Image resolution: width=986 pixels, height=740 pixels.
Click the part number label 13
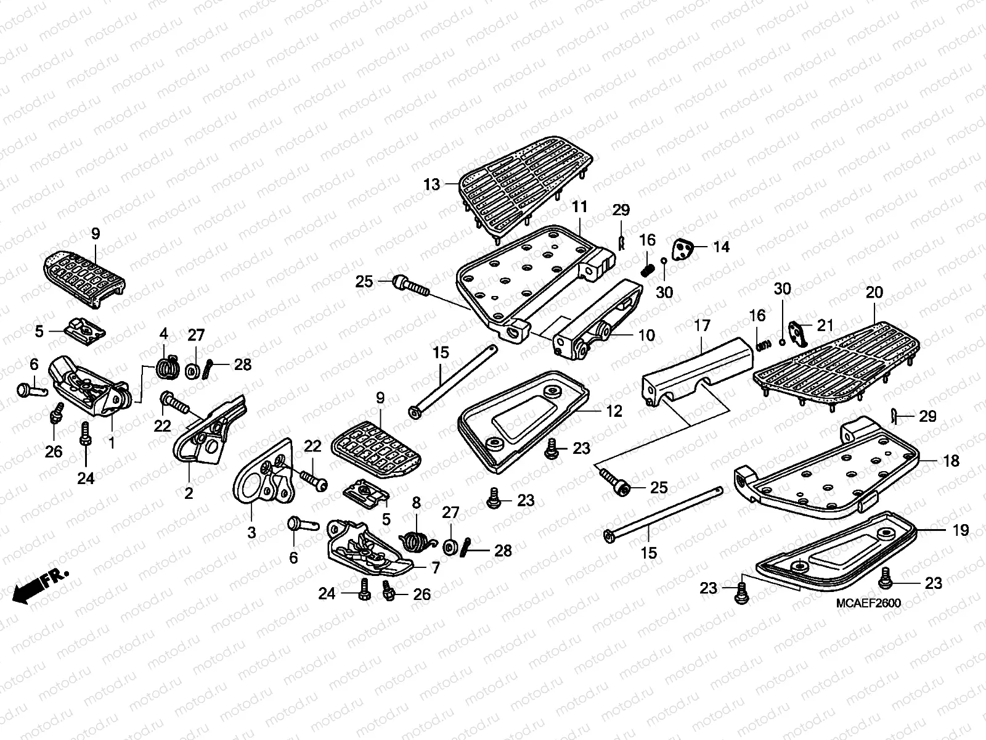pyautogui.click(x=431, y=184)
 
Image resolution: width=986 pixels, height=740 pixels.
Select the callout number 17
pyautogui.click(x=703, y=326)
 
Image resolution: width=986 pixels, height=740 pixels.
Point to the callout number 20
pyautogui.click(x=874, y=293)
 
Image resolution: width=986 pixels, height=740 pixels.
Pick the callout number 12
pyautogui.click(x=614, y=411)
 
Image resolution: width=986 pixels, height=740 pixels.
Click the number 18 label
pyautogui.click(x=951, y=461)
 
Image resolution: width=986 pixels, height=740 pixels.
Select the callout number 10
pyautogui.click(x=646, y=335)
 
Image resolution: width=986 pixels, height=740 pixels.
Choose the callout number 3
pyautogui.click(x=251, y=532)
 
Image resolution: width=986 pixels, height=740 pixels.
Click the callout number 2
pyautogui.click(x=189, y=493)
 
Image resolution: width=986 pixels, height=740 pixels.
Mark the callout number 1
pyautogui.click(x=112, y=443)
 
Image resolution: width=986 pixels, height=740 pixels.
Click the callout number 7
pyautogui.click(x=436, y=567)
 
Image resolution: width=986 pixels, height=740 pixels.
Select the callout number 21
pyautogui.click(x=825, y=326)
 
